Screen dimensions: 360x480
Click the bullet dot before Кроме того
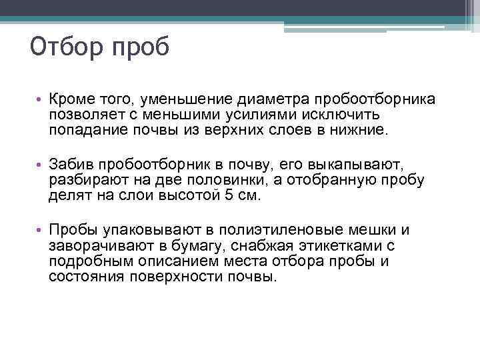[x=39, y=100]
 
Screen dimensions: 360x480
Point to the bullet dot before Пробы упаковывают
[x=39, y=230]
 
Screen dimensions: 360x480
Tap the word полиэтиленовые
[x=287, y=229]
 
